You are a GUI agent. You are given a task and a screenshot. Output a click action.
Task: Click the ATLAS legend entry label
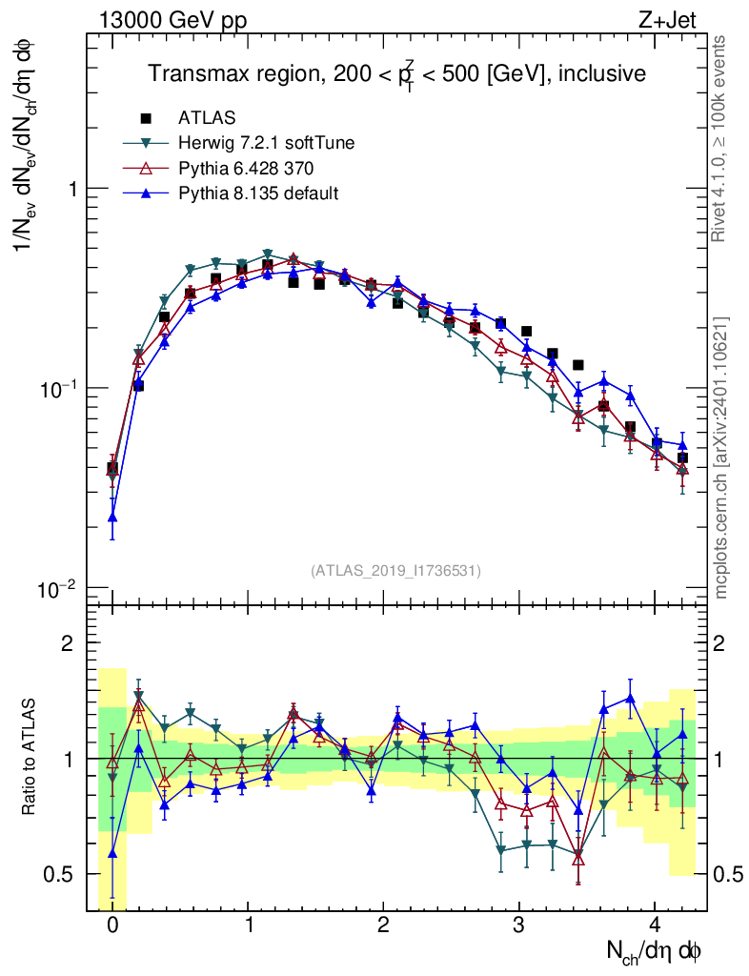click(207, 117)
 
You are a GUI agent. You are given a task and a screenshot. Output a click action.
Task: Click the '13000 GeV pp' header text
click(172, 20)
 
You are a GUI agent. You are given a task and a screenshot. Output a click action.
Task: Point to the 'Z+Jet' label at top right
click(667, 20)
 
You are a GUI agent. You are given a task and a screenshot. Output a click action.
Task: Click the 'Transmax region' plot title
click(396, 72)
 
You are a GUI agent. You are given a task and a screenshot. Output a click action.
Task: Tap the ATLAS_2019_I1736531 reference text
click(395, 570)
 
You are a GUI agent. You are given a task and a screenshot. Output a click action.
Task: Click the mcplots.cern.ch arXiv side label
click(719, 458)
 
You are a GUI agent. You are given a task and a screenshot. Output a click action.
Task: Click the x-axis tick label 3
click(518, 925)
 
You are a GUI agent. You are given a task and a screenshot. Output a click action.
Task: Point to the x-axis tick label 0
click(112, 925)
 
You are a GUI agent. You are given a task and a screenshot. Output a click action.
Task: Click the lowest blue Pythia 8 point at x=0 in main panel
click(112, 517)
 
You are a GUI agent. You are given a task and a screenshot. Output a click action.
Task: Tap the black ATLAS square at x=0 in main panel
click(112, 468)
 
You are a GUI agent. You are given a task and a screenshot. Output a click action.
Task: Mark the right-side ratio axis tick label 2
click(719, 642)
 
